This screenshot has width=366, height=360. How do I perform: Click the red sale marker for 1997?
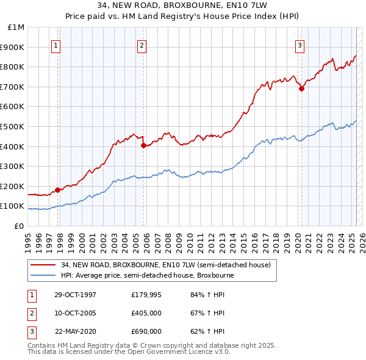pyautogui.click(x=58, y=190)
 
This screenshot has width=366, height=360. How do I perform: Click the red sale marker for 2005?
pyautogui.click(x=143, y=145)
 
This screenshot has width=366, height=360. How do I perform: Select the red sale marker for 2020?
pyautogui.click(x=301, y=88)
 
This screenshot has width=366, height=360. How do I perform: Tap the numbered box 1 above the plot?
pyautogui.click(x=56, y=44)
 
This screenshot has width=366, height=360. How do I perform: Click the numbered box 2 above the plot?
pyautogui.click(x=142, y=44)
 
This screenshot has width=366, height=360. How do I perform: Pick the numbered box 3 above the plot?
pyautogui.click(x=300, y=44)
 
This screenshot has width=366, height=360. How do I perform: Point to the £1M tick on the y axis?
pyautogui.click(x=16, y=27)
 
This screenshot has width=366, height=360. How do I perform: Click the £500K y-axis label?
pyautogui.click(x=13, y=126)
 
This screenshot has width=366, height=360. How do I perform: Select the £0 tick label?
pyautogui.click(x=19, y=226)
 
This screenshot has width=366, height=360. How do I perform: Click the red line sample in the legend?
pyautogui.click(x=43, y=265)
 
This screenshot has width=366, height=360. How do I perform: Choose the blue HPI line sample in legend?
pyautogui.click(x=43, y=275)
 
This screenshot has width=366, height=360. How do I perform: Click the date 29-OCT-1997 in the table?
pyautogui.click(x=75, y=295)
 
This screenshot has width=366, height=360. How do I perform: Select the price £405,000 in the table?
pyautogui.click(x=146, y=313)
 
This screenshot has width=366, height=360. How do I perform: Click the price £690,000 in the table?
pyautogui.click(x=146, y=331)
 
